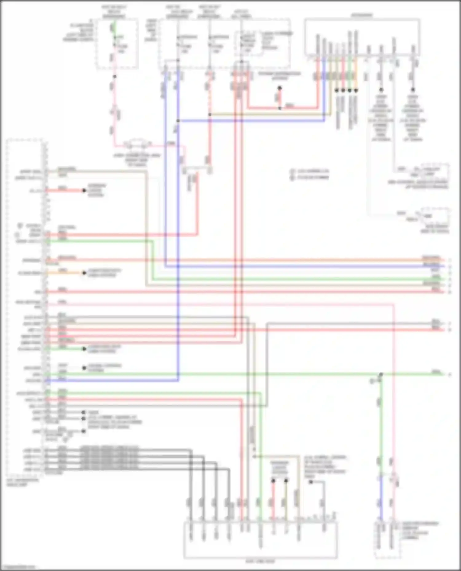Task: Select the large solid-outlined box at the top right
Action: [x=362, y=37]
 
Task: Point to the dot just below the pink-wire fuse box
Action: [x=114, y=77]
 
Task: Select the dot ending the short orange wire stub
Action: [x=84, y=273]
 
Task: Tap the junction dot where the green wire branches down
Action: [x=381, y=374]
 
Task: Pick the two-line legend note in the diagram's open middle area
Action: [x=310, y=174]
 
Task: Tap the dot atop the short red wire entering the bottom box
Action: [x=273, y=480]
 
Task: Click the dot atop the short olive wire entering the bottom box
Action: [x=286, y=480]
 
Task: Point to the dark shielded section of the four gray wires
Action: [x=109, y=459]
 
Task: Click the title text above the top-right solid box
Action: [x=362, y=15]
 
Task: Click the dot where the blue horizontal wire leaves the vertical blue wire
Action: [x=178, y=121]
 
